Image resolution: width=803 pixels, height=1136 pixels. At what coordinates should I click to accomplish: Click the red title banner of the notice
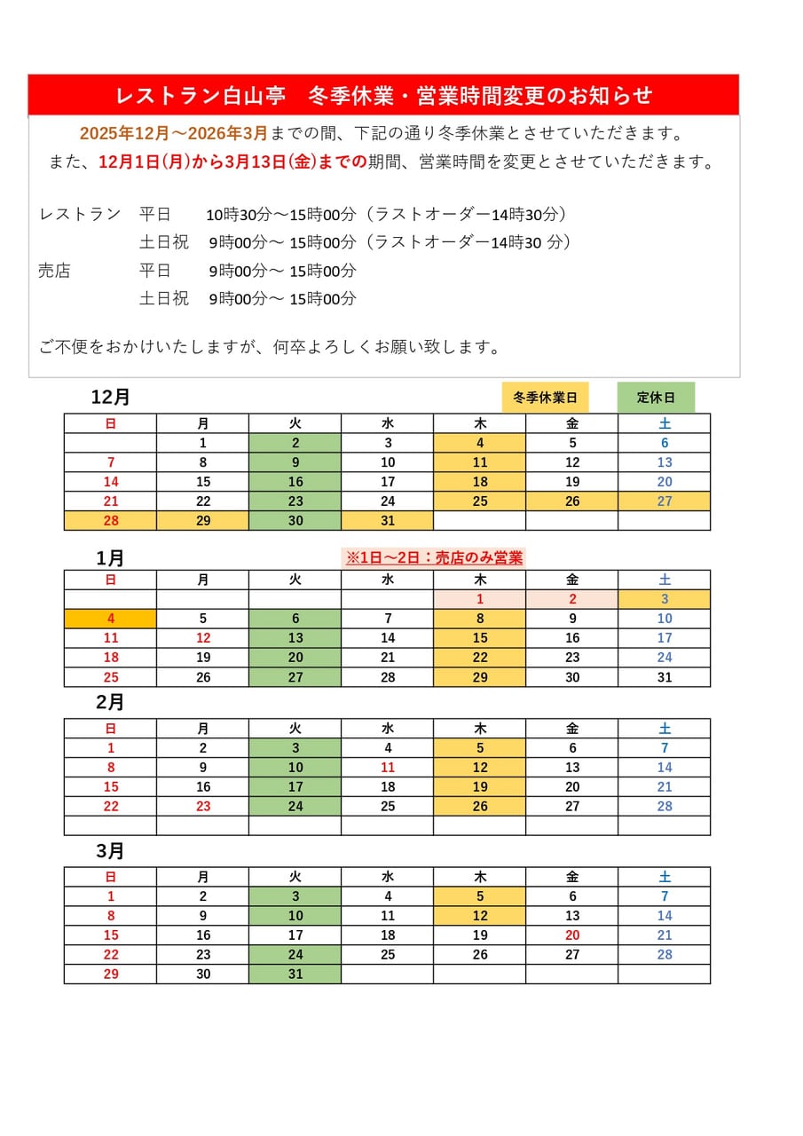[x=383, y=95]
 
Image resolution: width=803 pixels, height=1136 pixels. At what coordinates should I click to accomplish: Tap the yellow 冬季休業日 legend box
[x=545, y=398]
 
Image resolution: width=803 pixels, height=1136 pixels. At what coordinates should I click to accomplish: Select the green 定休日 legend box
[x=656, y=398]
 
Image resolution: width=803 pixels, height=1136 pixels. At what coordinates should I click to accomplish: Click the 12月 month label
[x=110, y=397]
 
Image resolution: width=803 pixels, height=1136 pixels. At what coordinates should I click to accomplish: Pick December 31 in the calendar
[x=388, y=521]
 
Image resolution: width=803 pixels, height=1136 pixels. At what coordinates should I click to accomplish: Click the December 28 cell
[x=111, y=521]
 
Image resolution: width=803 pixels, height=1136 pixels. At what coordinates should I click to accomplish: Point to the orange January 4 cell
[x=111, y=619]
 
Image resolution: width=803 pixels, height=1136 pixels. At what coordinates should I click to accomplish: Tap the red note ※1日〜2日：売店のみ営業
[x=434, y=557]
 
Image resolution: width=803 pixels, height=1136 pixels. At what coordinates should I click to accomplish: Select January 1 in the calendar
[x=480, y=599]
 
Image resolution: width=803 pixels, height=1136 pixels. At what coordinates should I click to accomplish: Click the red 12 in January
[x=203, y=638]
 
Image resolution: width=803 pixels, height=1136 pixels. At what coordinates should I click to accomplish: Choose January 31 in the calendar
[x=665, y=677]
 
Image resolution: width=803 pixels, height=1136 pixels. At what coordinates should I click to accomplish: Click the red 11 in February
[x=388, y=768]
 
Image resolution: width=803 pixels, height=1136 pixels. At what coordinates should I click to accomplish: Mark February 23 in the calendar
[x=203, y=807]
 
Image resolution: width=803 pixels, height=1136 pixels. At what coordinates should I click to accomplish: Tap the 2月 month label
[x=110, y=702]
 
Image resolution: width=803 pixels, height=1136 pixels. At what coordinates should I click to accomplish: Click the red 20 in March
[x=572, y=935]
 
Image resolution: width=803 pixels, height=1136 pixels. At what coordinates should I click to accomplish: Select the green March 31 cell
[x=295, y=974]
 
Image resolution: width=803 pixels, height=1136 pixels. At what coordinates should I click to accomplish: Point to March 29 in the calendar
[x=111, y=974]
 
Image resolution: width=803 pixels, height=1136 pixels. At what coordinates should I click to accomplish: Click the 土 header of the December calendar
[x=665, y=423]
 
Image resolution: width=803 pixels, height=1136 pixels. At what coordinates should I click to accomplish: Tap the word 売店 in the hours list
[x=54, y=271]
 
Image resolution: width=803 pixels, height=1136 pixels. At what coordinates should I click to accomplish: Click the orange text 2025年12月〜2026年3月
[x=173, y=134]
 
